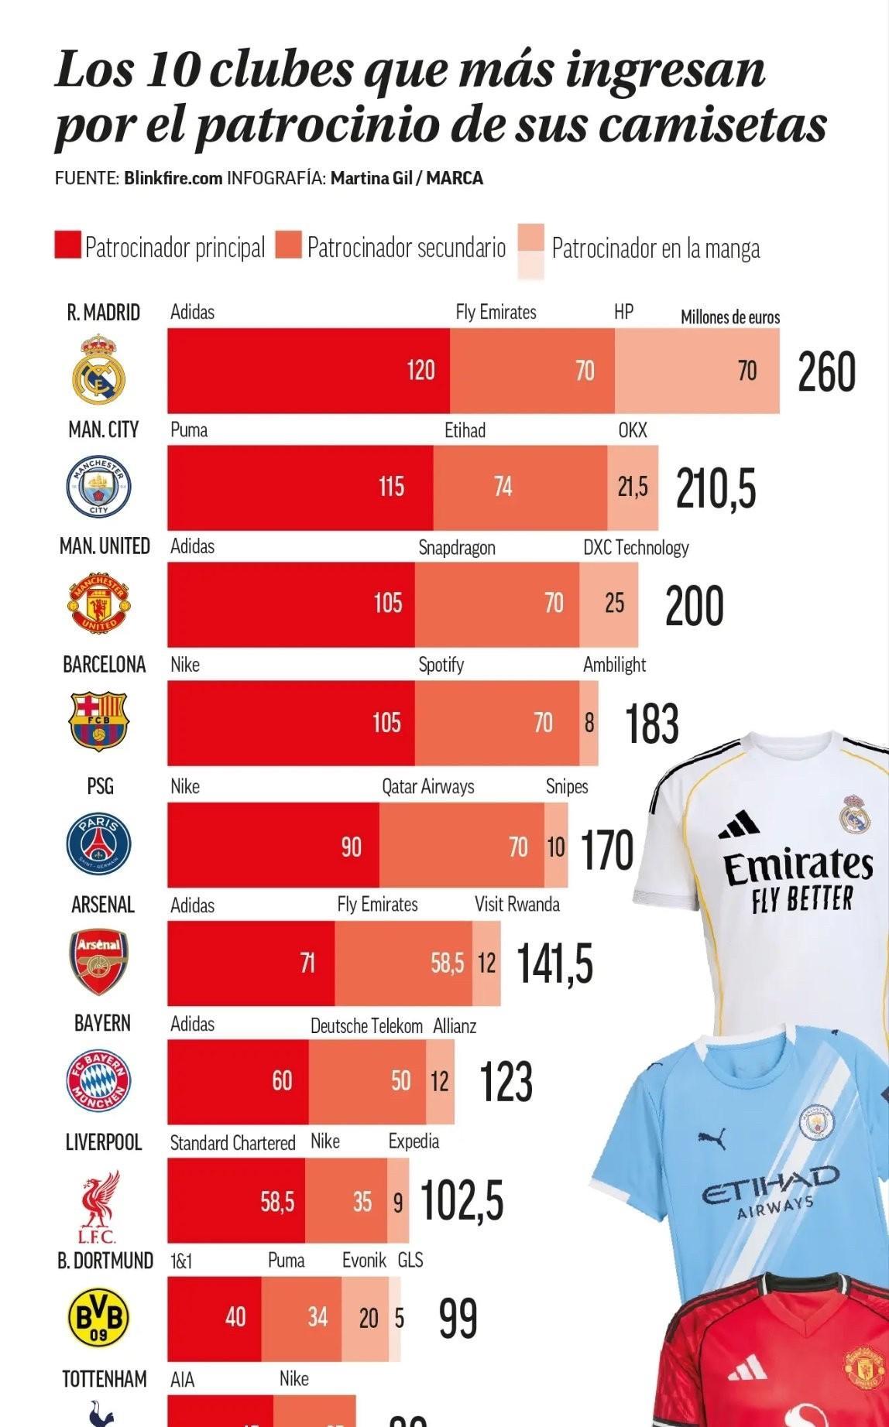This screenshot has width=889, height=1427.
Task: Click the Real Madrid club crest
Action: [98, 369]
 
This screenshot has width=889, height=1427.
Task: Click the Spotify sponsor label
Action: [441, 665]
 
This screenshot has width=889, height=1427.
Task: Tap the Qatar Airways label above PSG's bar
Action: [427, 786]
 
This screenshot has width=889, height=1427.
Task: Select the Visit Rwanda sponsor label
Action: [517, 905]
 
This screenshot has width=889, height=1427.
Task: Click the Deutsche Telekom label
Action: [366, 1026]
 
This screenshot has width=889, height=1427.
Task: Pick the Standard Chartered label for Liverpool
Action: [232, 1143]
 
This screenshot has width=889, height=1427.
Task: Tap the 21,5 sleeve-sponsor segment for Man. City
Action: [633, 487]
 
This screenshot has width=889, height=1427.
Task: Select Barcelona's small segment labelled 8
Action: [589, 723]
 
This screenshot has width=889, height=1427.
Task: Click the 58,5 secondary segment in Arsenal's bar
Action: [403, 963]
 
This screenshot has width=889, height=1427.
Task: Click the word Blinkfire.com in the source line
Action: [173, 178]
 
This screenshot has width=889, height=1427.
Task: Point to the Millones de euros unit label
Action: [729, 317]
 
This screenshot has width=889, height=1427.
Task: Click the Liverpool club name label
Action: [104, 1142]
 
